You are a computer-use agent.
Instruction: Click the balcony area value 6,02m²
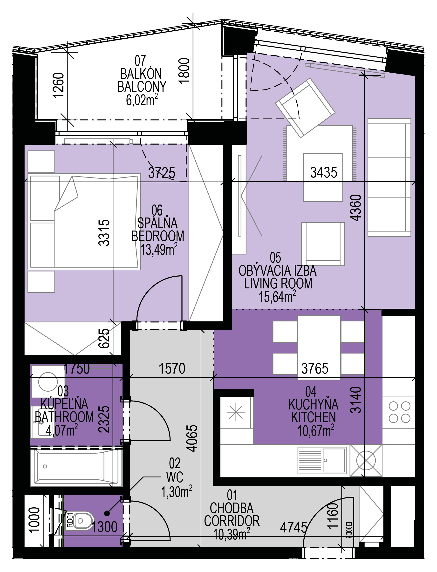click(x=142, y=100)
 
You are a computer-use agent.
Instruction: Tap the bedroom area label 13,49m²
click(x=159, y=249)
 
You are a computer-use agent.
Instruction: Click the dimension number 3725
click(x=162, y=172)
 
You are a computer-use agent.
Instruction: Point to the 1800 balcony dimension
click(x=185, y=70)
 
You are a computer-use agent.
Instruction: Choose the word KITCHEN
click(x=314, y=417)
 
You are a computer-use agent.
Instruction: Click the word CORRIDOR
click(x=232, y=521)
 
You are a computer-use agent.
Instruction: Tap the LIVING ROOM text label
click(x=278, y=284)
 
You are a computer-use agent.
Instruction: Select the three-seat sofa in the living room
click(x=389, y=178)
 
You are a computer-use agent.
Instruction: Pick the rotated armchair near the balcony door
click(x=305, y=108)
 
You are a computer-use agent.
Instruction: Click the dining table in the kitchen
click(x=319, y=347)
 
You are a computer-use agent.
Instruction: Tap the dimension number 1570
click(x=172, y=368)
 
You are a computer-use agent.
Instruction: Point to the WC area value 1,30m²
click(x=177, y=492)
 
